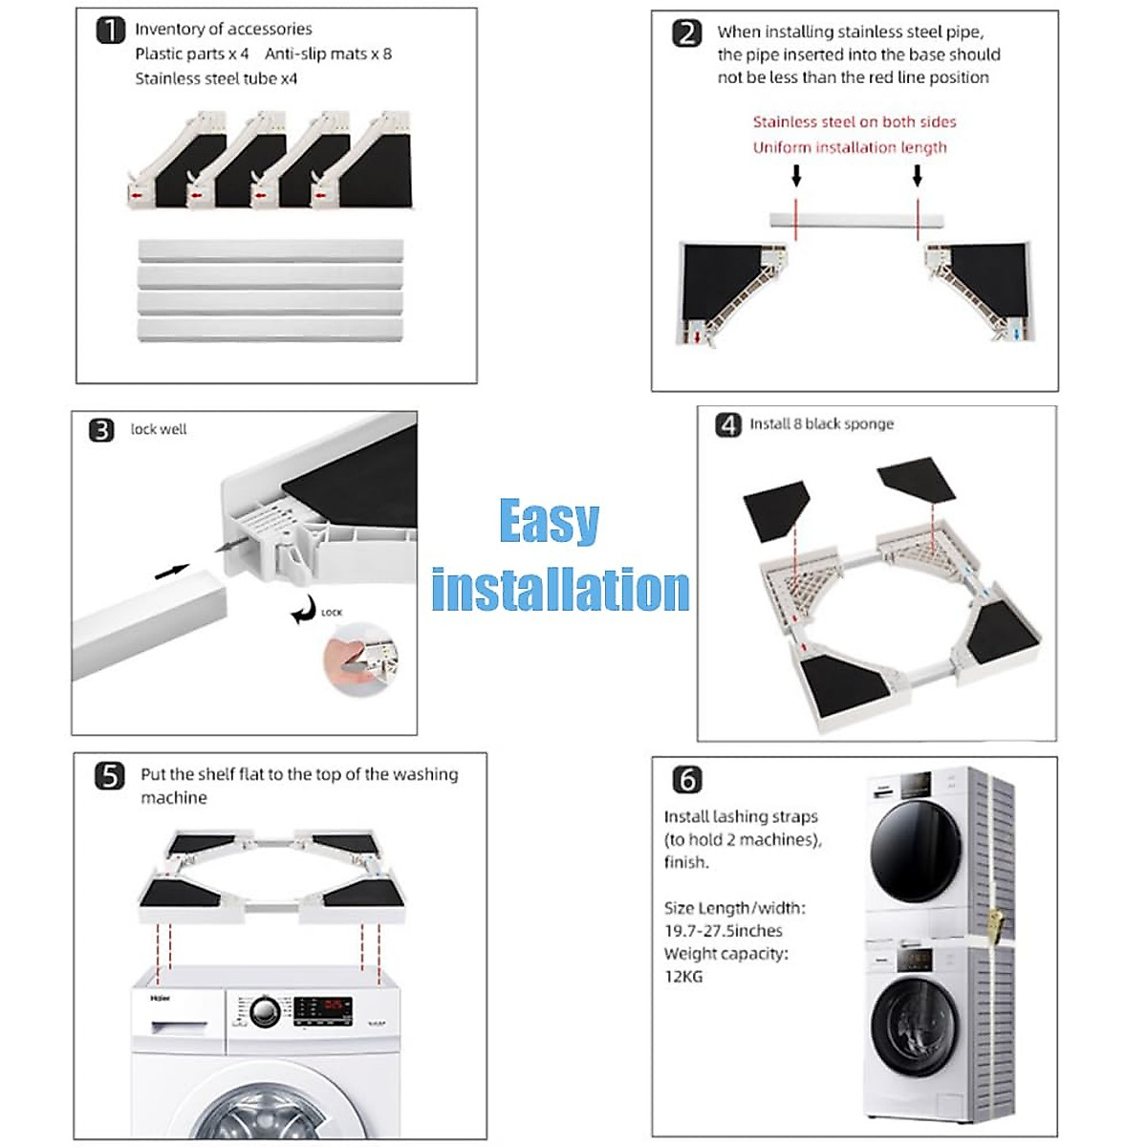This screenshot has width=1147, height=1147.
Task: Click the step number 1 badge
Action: click(111, 31)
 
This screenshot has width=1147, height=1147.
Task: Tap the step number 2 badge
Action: click(687, 33)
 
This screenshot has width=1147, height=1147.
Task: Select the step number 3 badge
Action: click(101, 430)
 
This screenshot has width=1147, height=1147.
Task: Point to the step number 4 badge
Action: click(728, 424)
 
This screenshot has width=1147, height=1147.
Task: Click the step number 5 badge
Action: click(110, 776)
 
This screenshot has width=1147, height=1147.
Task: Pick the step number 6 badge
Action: click(687, 780)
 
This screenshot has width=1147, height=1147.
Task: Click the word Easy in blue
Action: click(549, 522)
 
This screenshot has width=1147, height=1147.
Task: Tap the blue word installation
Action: click(560, 590)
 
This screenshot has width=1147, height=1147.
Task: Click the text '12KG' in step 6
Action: click(683, 976)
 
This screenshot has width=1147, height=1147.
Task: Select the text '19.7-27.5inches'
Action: click(724, 930)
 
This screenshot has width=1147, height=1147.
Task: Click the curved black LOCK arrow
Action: click(303, 609)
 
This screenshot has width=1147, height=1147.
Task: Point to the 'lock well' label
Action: click(159, 430)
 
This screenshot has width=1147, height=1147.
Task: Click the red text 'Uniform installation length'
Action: click(850, 147)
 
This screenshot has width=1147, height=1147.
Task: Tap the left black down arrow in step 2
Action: click(796, 176)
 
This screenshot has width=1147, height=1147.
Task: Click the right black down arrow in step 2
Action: click(918, 176)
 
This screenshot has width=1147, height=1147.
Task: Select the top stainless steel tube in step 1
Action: click(271, 250)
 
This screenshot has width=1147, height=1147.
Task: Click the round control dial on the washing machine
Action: click(265, 1011)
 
